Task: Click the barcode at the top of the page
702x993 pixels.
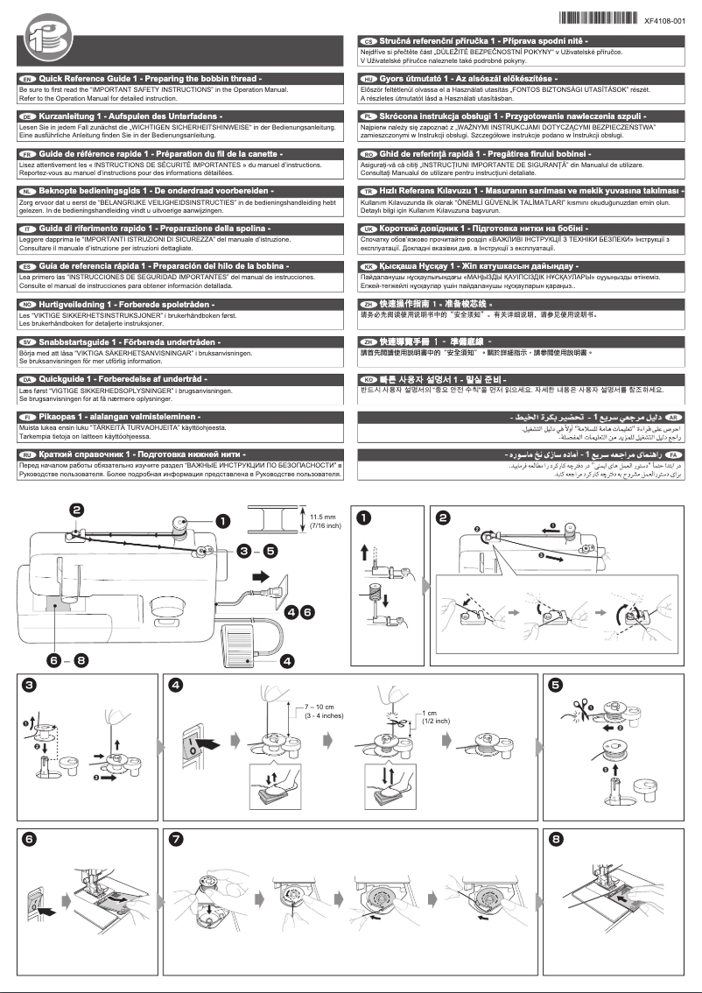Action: pyautogui.click(x=594, y=19)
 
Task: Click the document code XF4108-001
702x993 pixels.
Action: pyautogui.click(x=670, y=20)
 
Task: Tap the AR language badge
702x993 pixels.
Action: pyautogui.click(x=674, y=419)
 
